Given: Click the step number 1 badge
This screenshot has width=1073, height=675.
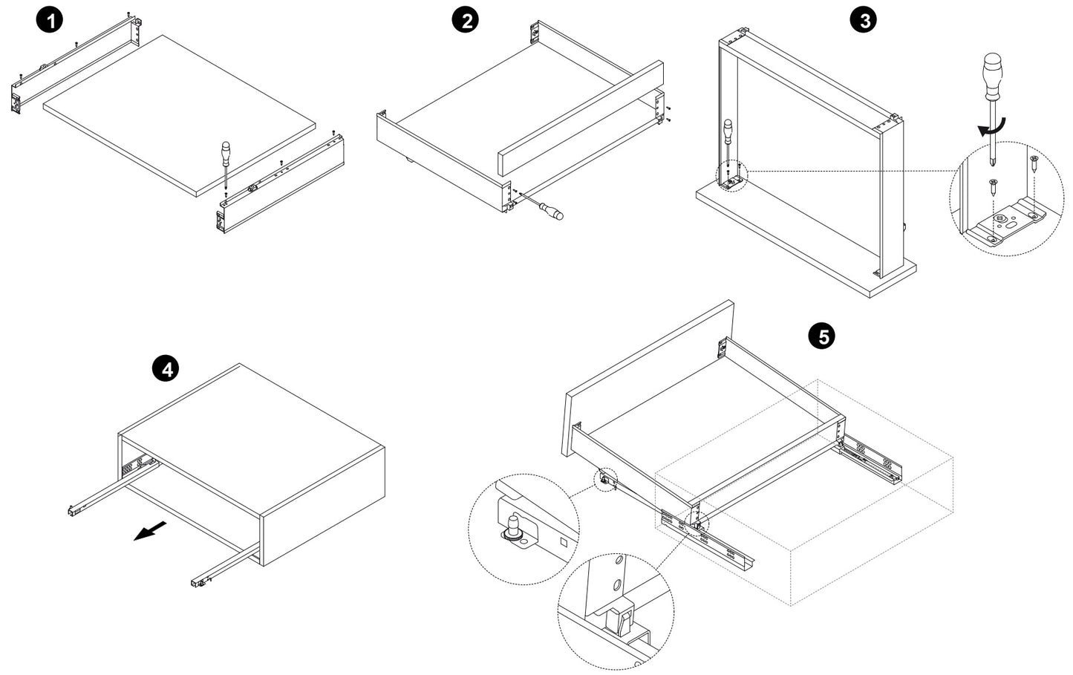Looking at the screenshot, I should coord(50,20).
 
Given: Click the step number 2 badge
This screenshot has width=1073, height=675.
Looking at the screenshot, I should coord(466,20).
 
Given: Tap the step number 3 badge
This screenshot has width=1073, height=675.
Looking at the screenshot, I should coord(864,20).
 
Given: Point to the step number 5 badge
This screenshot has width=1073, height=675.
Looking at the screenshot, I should coord(822,336).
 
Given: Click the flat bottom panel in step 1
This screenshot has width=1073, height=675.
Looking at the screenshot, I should coord(178,111).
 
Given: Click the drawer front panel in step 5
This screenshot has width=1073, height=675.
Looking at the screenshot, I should coord(646,379).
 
